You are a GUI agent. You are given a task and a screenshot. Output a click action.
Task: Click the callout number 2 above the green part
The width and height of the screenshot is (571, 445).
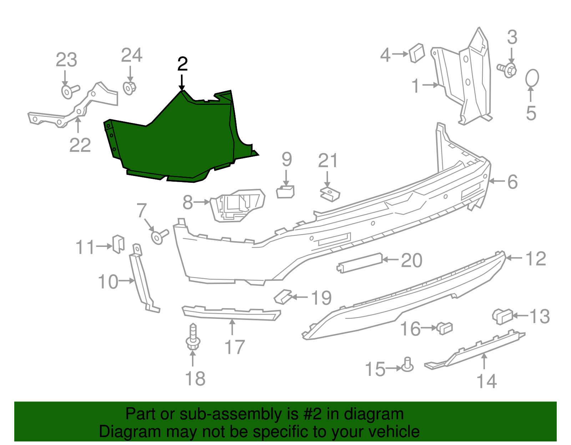[182, 64]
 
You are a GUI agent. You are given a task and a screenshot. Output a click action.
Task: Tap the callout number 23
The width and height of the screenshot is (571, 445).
[66, 60]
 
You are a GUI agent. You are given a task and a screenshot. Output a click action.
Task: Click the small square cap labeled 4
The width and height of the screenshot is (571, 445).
[417, 53]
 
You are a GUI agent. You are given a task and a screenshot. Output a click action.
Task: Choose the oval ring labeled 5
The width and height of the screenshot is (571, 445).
[532, 78]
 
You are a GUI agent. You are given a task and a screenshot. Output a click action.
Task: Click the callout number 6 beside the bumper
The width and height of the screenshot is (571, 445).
[512, 182]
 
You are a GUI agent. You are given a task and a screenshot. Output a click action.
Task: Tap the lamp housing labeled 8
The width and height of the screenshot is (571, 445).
[237, 205]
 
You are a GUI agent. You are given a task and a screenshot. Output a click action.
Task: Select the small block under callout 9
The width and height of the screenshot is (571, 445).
[285, 192]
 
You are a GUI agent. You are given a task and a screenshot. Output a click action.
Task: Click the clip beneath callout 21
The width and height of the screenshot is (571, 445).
[330, 194]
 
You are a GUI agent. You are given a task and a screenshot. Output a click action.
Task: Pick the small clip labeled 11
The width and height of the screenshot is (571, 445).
[118, 244]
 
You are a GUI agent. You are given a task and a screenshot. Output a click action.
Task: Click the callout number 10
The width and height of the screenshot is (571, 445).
[108, 281]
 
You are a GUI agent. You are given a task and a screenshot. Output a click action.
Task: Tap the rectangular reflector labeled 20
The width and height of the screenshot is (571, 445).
[359, 263]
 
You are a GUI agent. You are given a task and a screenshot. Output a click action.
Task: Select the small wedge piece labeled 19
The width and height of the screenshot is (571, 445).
[283, 297]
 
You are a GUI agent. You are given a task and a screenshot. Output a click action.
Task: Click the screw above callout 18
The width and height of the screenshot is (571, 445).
[193, 336]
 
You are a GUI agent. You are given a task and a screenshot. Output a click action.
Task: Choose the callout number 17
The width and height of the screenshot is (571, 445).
[235, 347]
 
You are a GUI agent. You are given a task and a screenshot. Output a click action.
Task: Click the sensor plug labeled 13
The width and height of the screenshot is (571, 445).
[502, 317]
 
